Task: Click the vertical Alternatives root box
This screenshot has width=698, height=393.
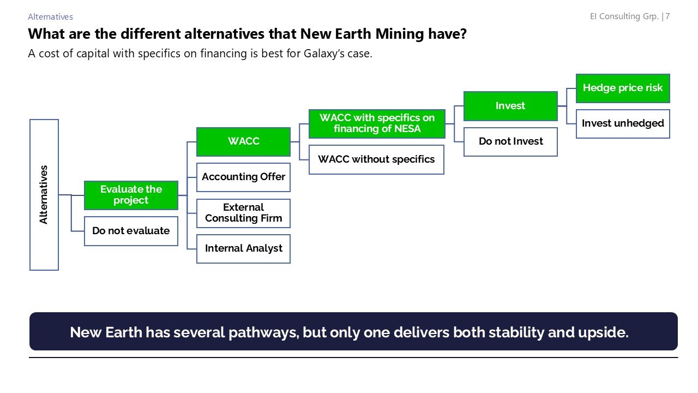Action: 44,195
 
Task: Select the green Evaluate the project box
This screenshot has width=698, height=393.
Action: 131,195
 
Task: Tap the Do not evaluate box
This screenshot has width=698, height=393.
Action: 131,231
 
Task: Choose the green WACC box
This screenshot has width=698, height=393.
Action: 243,141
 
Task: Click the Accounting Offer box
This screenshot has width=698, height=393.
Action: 243,177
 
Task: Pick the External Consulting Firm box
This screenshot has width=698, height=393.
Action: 243,213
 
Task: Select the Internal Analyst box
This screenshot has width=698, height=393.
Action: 243,248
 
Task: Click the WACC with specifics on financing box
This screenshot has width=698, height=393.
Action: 377,123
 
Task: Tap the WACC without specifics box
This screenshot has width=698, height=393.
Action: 376,159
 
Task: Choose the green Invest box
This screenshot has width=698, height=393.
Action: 510,106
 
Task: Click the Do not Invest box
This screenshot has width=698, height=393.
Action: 510,141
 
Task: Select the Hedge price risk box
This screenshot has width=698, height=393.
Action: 623,88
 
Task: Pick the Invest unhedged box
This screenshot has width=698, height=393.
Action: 623,123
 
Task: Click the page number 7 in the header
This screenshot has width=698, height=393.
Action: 667,16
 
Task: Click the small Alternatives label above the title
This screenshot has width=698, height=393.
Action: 50,17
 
